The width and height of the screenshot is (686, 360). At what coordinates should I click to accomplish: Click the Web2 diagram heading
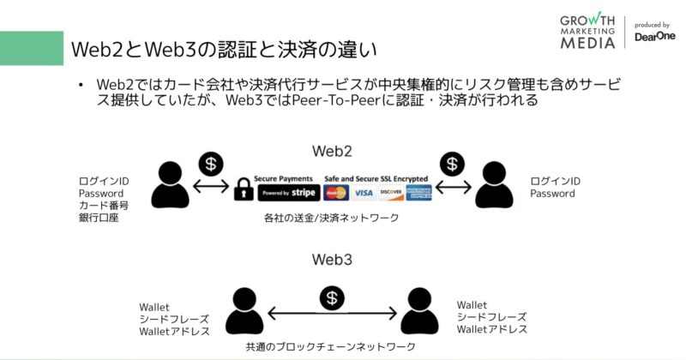(332, 151)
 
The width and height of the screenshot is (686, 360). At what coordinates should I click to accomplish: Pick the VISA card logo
(364, 193)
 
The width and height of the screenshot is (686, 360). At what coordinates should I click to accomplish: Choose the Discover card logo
(391, 193)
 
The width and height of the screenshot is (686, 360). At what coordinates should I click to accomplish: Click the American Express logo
(419, 193)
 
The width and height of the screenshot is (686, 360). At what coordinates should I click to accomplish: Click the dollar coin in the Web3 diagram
(332, 297)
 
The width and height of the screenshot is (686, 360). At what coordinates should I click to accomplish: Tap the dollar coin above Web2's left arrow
(209, 163)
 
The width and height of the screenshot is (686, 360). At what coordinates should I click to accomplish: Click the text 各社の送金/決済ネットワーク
(332, 219)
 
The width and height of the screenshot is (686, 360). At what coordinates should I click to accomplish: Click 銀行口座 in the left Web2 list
(97, 219)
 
